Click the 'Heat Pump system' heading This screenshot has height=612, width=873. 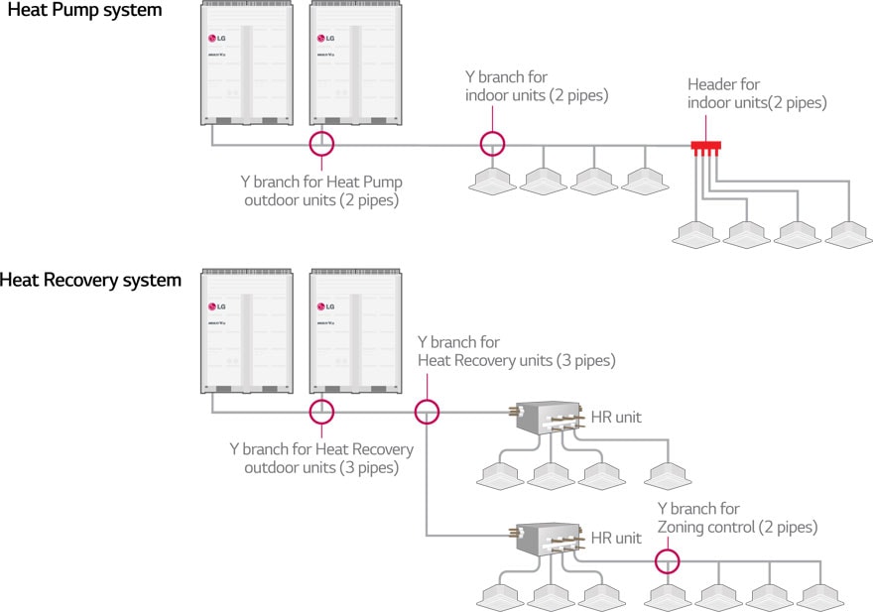tap(84, 11)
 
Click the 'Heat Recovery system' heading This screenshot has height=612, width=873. tap(91, 281)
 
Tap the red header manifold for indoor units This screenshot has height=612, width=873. tap(705, 147)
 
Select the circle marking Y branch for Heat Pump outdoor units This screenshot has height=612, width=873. tap(321, 144)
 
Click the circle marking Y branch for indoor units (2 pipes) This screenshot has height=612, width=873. tap(492, 144)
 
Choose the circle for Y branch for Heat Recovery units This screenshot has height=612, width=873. tap(427, 411)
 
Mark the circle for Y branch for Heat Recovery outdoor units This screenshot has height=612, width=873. tap(321, 411)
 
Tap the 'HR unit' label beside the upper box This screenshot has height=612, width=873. tap(616, 417)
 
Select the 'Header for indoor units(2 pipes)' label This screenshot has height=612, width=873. tap(757, 93)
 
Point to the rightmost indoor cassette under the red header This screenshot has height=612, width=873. tap(850, 232)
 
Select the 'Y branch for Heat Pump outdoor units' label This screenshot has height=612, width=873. tap(321, 190)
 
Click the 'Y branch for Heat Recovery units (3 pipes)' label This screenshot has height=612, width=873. tap(516, 352)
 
